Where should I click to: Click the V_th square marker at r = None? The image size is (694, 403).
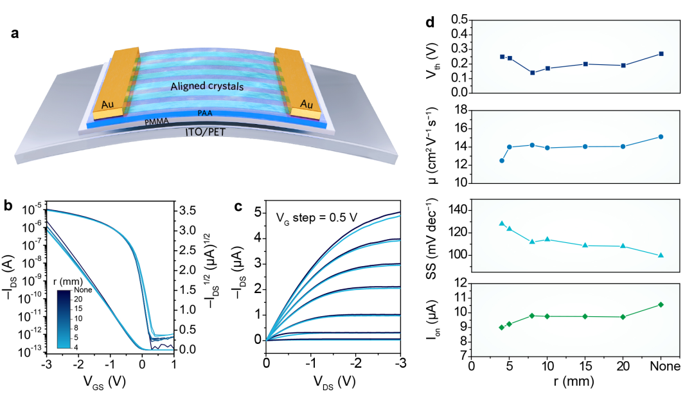coord(661,53)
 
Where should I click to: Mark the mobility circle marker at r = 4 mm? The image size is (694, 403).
coord(502,161)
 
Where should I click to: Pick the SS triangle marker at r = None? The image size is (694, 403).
coord(661,255)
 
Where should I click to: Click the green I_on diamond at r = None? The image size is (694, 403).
coord(661,305)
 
